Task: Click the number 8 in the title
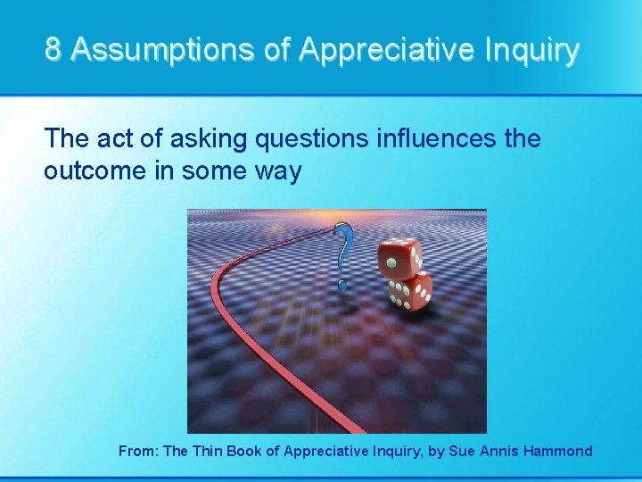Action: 53,50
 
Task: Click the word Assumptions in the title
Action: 160,50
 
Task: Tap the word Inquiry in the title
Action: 531,50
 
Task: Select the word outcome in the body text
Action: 98,170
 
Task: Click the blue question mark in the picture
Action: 342,250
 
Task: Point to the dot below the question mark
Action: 341,285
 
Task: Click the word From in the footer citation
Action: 138,451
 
